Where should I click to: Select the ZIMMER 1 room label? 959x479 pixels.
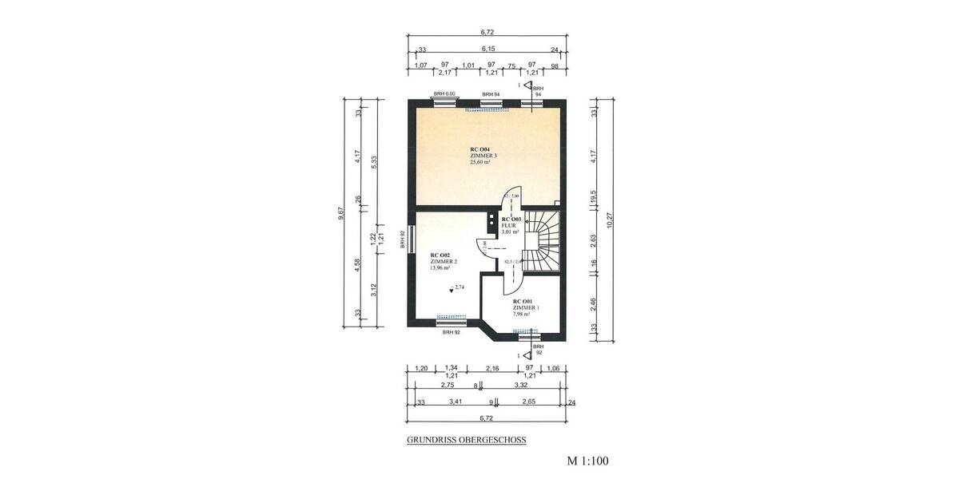click(x=525, y=307)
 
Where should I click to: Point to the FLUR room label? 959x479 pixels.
click(x=510, y=225)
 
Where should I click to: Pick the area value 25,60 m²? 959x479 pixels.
click(x=481, y=162)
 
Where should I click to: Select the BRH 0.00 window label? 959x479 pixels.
click(x=444, y=94)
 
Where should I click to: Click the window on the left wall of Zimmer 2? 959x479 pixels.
click(x=410, y=239)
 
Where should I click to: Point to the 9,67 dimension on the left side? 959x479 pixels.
click(x=341, y=212)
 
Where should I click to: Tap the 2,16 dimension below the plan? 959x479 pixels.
click(x=493, y=368)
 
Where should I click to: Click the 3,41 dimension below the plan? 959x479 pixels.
click(x=456, y=402)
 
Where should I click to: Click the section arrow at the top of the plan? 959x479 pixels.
click(x=528, y=85)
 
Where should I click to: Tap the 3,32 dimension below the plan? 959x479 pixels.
click(x=520, y=385)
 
